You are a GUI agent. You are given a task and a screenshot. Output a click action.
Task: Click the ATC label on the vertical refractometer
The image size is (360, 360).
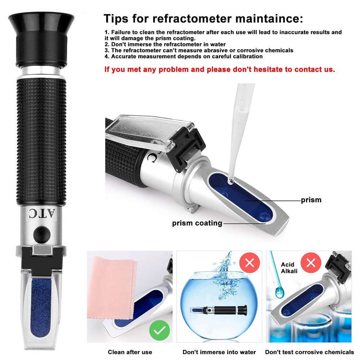click(41, 213)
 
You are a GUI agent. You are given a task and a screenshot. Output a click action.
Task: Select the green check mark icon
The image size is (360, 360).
click(159, 330)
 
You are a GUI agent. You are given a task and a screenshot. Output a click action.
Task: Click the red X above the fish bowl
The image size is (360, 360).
click(249, 263)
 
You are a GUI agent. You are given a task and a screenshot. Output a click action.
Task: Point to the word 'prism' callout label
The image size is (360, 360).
click(311, 200)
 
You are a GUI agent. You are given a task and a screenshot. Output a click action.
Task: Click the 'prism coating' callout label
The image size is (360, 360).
click(197, 223)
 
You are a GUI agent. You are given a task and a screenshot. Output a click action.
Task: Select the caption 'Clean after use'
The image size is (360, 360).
click(130, 352)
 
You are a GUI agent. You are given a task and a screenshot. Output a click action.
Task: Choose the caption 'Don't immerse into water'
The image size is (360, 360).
click(219, 352)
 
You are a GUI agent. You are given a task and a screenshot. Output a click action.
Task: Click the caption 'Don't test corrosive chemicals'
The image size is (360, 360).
click(309, 352)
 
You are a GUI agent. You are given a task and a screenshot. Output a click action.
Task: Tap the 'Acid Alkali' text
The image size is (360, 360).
click(289, 268)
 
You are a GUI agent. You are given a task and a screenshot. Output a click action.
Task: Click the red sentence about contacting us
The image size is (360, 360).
click(220, 69)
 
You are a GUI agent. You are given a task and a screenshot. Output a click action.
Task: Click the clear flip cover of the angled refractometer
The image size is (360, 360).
click(144, 130)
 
